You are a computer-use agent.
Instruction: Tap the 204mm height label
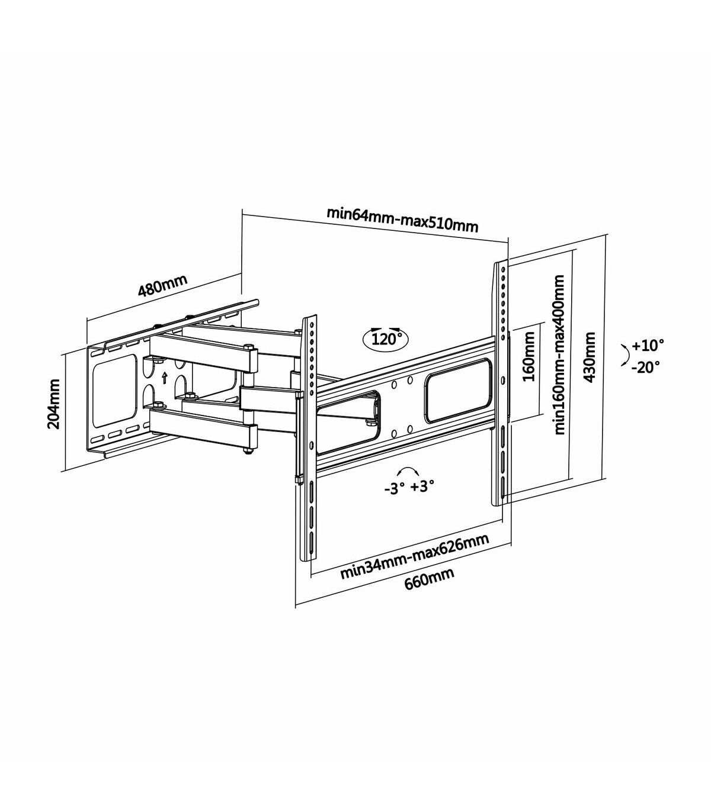pos(53,404)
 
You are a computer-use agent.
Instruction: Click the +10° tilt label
pos(648,345)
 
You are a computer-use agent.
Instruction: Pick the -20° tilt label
pos(646,367)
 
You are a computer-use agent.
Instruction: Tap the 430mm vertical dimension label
pos(590,357)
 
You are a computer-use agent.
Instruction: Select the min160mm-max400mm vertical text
pos(560,355)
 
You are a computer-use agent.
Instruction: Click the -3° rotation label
pos(392,488)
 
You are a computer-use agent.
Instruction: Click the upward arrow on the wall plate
pos(164,378)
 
